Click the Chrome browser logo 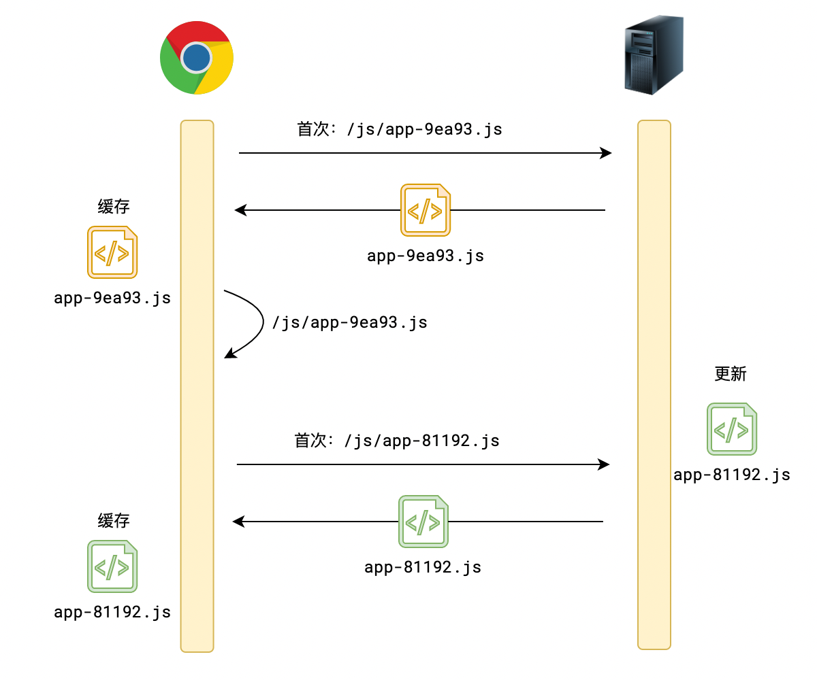pyautogui.click(x=197, y=58)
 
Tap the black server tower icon pyautogui.click(x=654, y=56)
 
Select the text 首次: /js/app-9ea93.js pyautogui.click(x=400, y=129)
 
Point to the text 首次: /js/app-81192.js pyautogui.click(x=397, y=441)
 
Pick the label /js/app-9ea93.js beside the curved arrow pyautogui.click(x=349, y=322)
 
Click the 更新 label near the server pyautogui.click(x=731, y=374)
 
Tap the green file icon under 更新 pyautogui.click(x=732, y=429)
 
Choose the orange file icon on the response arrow pyautogui.click(x=426, y=210)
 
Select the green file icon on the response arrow pyautogui.click(x=423, y=522)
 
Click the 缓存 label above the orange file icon pyautogui.click(x=114, y=207)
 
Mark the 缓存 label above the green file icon pyautogui.click(x=114, y=521)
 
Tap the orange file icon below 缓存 pyautogui.click(x=112, y=253)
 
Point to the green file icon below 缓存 pyautogui.click(x=112, y=566)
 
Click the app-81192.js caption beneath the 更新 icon pyautogui.click(x=732, y=475)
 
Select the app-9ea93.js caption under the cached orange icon pyautogui.click(x=112, y=298)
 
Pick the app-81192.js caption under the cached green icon pyautogui.click(x=112, y=612)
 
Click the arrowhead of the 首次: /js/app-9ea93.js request pyautogui.click(x=606, y=153)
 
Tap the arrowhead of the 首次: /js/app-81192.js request pyautogui.click(x=603, y=464)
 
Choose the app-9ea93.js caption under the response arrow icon pyautogui.click(x=426, y=256)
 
